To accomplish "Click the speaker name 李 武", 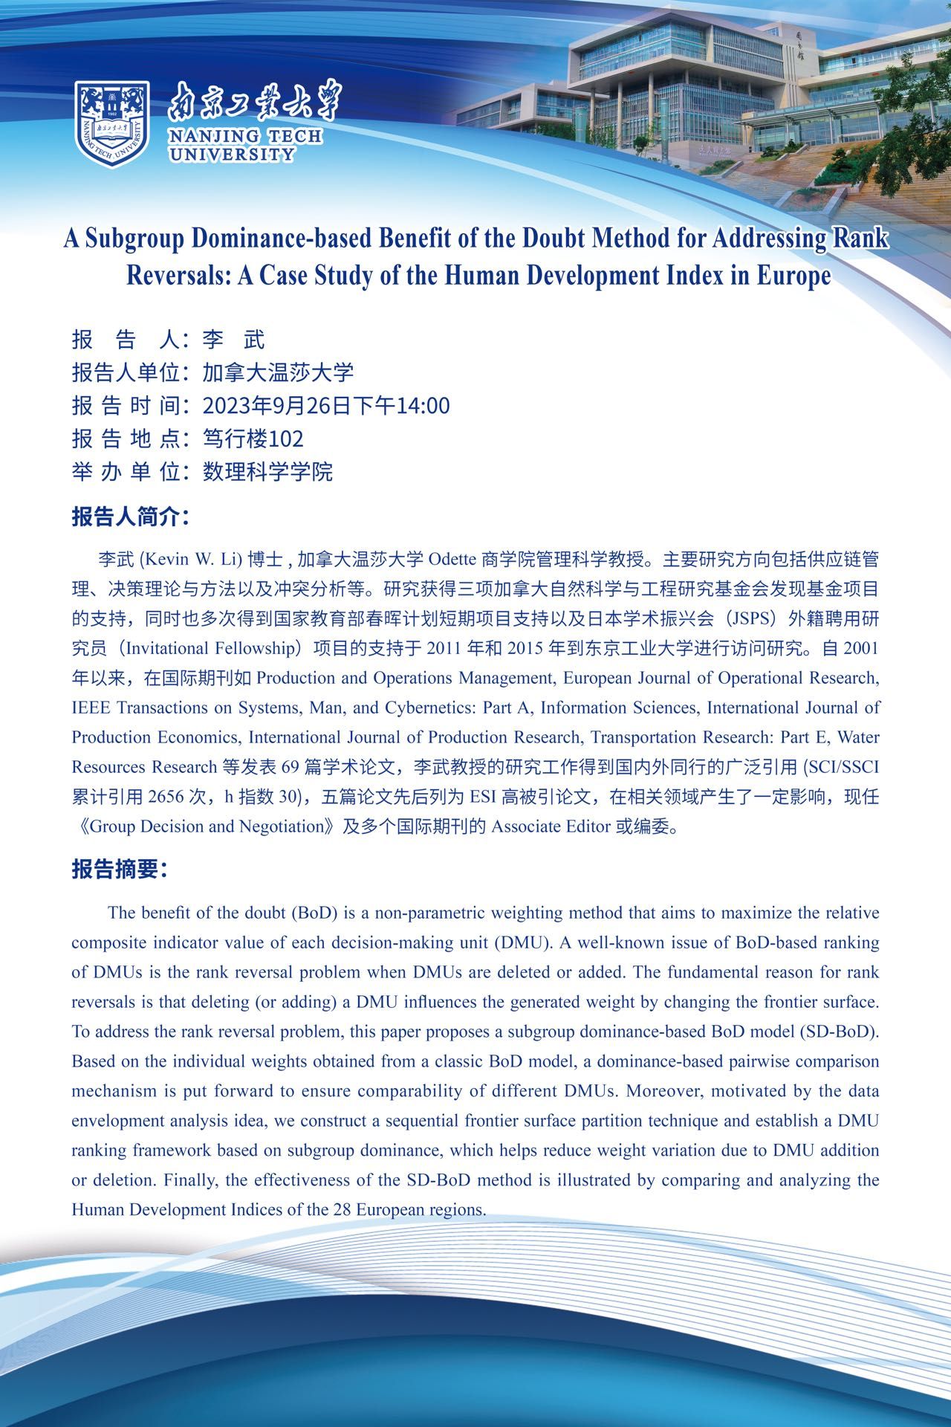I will click(x=233, y=340).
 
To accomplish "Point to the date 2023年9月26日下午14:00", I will click(x=326, y=406).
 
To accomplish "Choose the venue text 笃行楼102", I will click(x=253, y=439).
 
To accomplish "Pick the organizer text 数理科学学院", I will click(x=267, y=471).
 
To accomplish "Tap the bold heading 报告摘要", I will click(x=119, y=869).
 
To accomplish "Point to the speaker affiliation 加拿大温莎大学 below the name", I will click(x=278, y=372).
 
